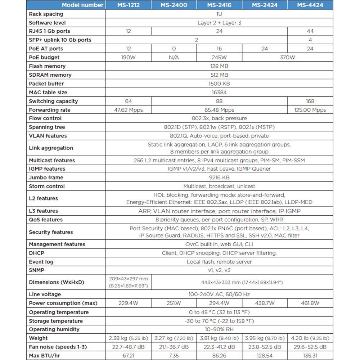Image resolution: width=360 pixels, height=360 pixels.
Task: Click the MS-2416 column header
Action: (219, 5)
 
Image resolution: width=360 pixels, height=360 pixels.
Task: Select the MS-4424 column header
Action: (310, 5)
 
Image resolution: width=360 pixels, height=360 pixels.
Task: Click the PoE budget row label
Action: (44, 57)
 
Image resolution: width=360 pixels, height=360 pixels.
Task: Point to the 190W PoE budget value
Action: (128, 57)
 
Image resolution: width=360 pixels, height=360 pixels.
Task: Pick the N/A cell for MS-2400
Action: (174, 57)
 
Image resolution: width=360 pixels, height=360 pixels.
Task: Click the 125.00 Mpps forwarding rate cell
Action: (310, 110)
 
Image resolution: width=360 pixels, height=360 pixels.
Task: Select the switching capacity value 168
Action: (310, 101)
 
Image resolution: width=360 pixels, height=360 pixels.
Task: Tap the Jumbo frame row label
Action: (46, 177)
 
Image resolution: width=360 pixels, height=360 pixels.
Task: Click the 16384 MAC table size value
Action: (219, 92)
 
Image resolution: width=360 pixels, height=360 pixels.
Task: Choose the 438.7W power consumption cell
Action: (265, 303)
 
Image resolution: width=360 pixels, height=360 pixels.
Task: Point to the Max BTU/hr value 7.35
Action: (174, 356)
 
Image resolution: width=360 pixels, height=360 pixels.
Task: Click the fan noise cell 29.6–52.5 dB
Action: (310, 347)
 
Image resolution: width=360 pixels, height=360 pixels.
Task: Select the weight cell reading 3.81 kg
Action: (219, 338)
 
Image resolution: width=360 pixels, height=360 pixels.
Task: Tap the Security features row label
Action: (51, 232)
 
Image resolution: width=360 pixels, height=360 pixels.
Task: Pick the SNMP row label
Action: (37, 270)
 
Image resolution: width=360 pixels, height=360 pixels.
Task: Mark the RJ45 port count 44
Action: (310, 31)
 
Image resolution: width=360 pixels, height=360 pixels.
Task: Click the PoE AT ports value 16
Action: (219, 49)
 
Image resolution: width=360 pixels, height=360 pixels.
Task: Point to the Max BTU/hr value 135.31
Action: (310, 356)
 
